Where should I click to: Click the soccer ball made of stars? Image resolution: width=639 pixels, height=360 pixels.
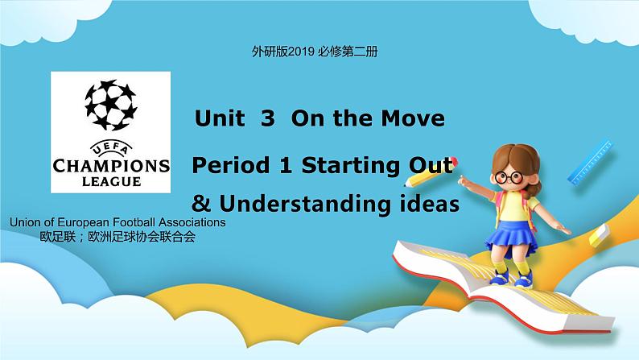[x=110, y=106]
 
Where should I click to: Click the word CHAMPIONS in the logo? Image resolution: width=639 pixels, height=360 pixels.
[x=110, y=166]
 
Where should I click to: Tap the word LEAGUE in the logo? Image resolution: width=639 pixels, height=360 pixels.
[x=110, y=181]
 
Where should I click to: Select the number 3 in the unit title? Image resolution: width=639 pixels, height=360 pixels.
[x=268, y=119]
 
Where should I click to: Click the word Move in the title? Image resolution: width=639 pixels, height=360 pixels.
[x=414, y=119]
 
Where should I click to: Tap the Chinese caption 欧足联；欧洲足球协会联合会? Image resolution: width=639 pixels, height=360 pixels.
[x=117, y=237]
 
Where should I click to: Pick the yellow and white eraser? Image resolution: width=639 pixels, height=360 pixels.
[x=599, y=235]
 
